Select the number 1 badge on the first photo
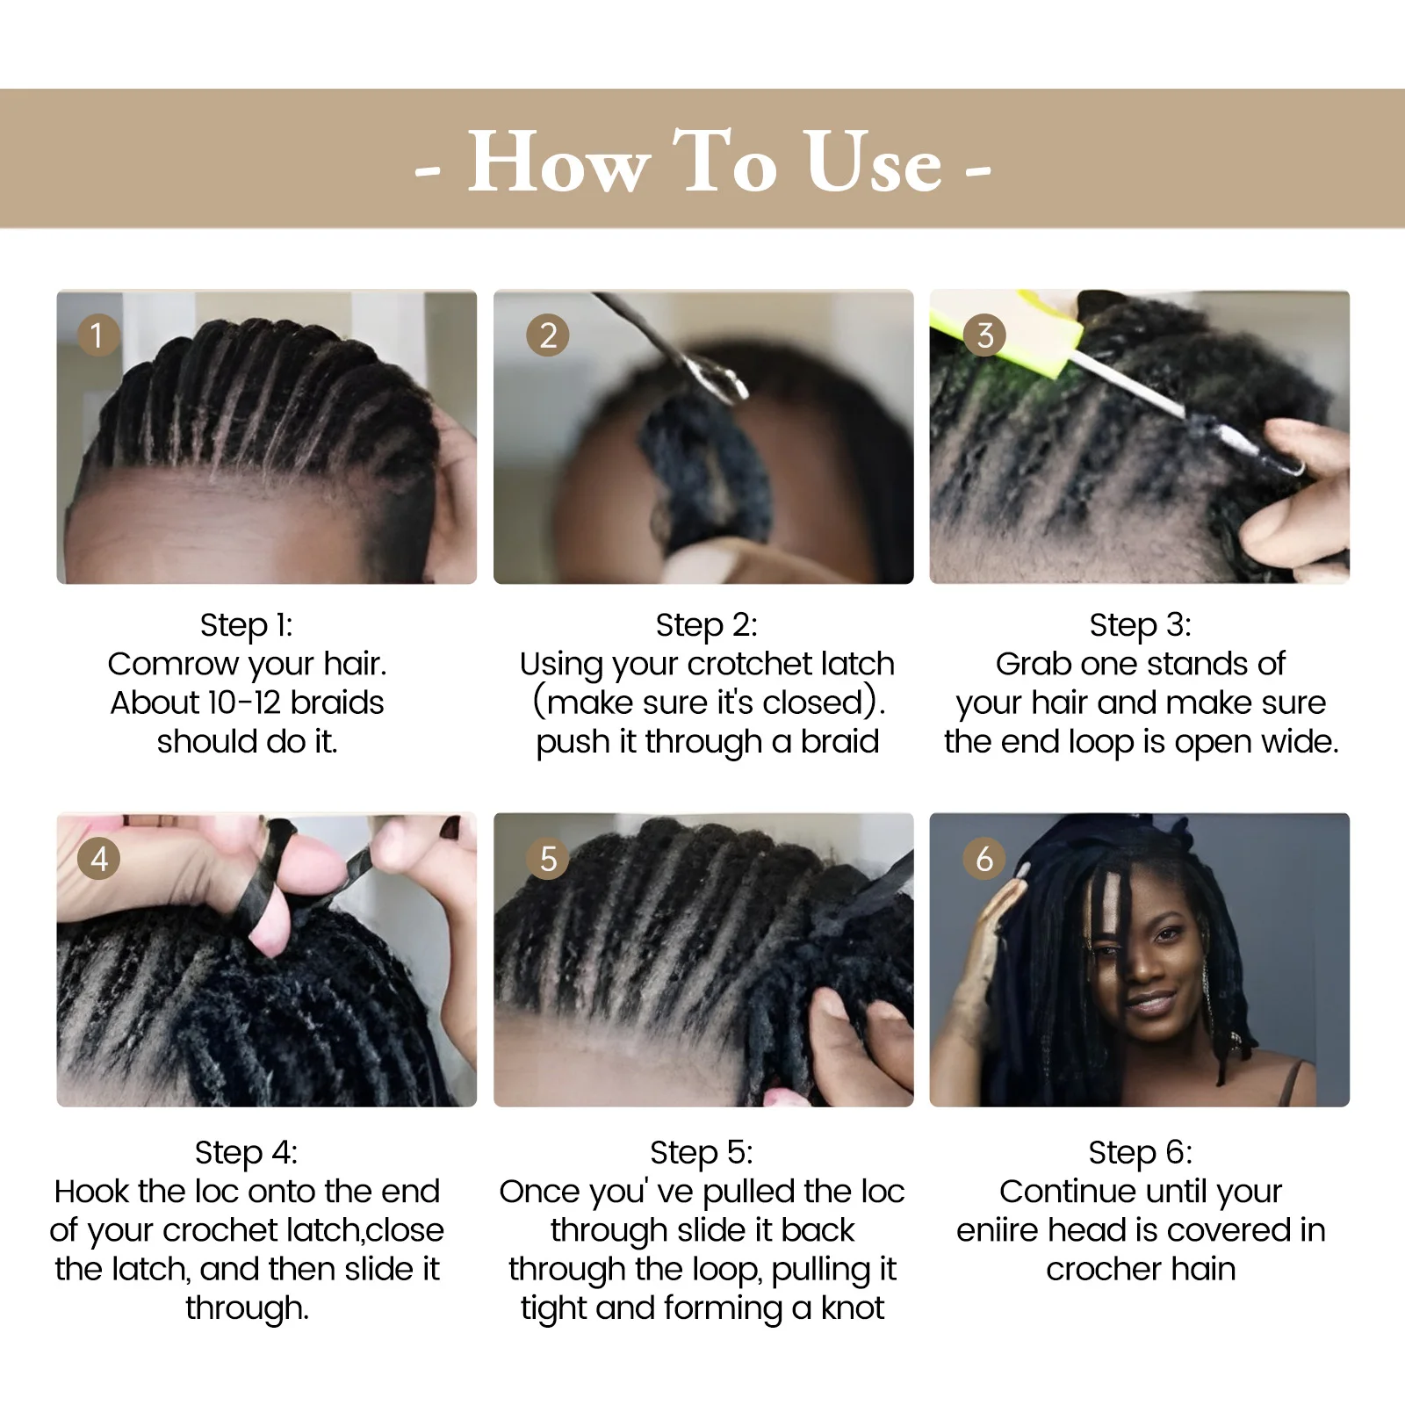coord(97,335)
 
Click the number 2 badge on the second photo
coord(548,335)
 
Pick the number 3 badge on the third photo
coord(984,335)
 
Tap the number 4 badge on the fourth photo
coord(98,858)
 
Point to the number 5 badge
coord(548,858)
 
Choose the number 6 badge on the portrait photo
coord(984,858)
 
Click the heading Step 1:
coord(247,625)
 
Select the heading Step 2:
coord(707,625)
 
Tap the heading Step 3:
coord(1141,625)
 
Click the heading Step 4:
coord(247,1152)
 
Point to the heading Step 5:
coord(702,1152)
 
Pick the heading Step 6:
coord(1141,1152)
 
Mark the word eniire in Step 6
coord(998,1230)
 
